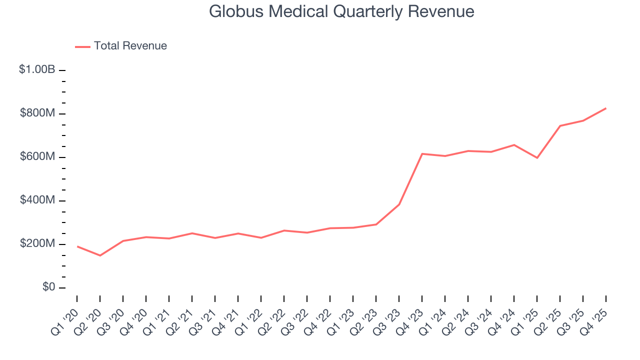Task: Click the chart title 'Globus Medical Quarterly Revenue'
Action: [x=341, y=11]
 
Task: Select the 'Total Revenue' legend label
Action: [x=130, y=46]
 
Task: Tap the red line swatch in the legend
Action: [x=82, y=46]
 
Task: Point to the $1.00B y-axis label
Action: [x=37, y=70]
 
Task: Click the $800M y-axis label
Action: [x=37, y=113]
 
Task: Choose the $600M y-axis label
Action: [x=37, y=157]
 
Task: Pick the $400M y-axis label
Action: [x=37, y=200]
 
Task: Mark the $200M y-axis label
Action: [x=37, y=244]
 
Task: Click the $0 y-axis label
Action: [x=48, y=287]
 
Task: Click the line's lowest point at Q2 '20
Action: [x=100, y=255]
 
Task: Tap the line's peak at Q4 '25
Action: [x=606, y=108]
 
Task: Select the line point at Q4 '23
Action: [x=422, y=153]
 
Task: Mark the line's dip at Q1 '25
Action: [x=537, y=158]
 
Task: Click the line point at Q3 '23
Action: [x=399, y=204]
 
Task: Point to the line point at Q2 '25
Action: [x=560, y=125]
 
